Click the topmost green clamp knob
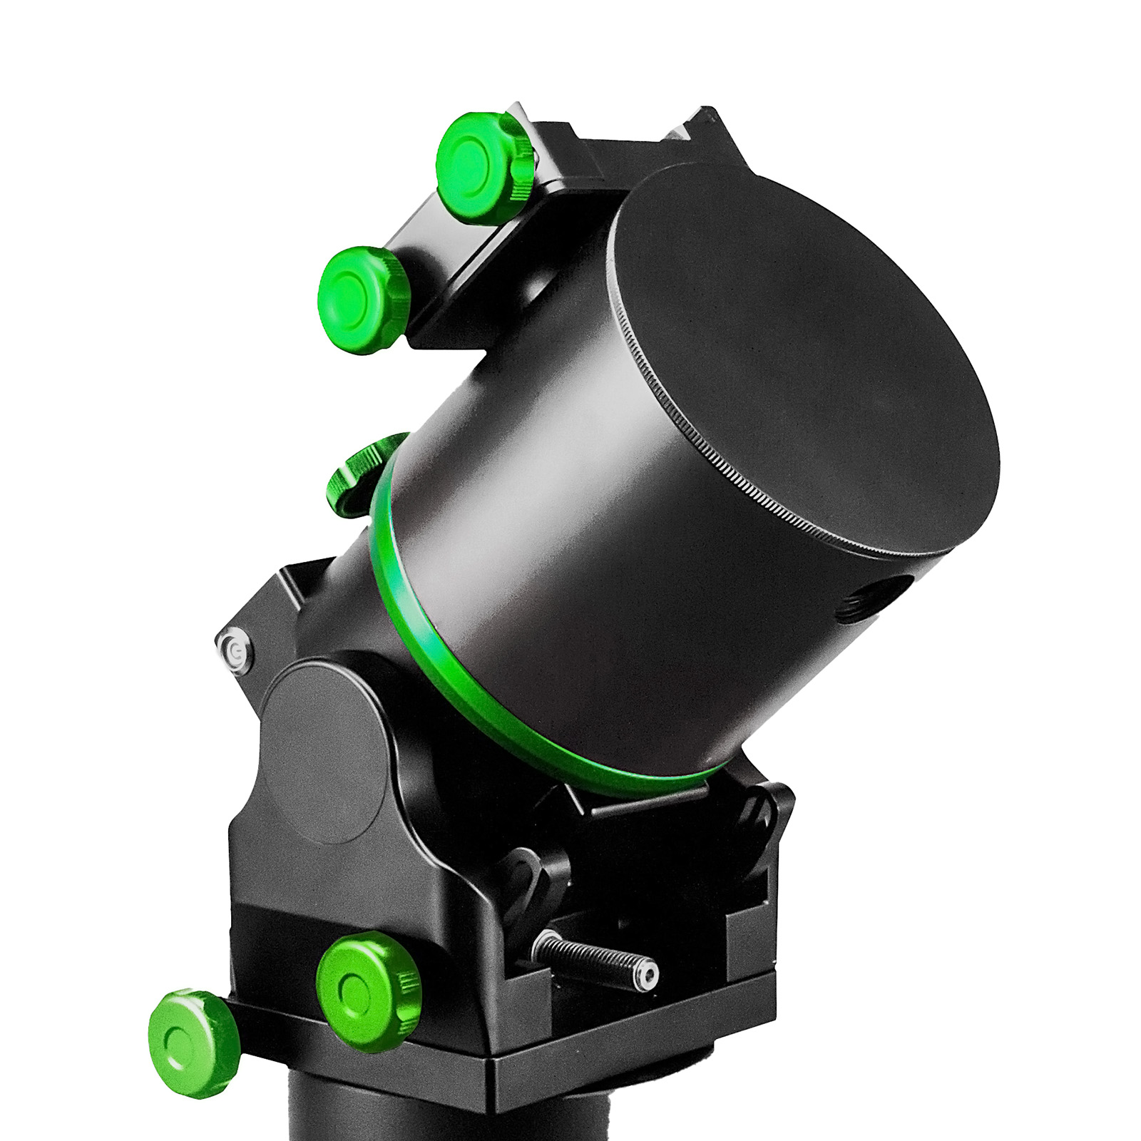481,165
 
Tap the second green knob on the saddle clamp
362,300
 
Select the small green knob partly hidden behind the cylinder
358,474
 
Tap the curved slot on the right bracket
759,813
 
